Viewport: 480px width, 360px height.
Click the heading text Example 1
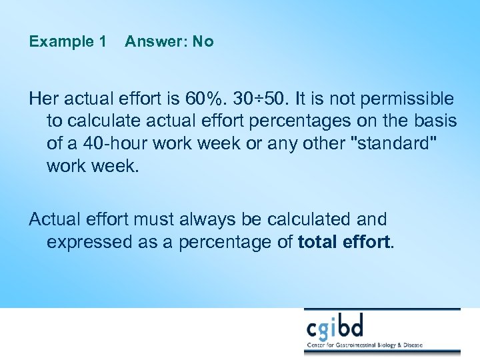point(67,41)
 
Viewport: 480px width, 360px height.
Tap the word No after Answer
point(203,41)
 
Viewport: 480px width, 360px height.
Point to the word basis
point(437,121)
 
